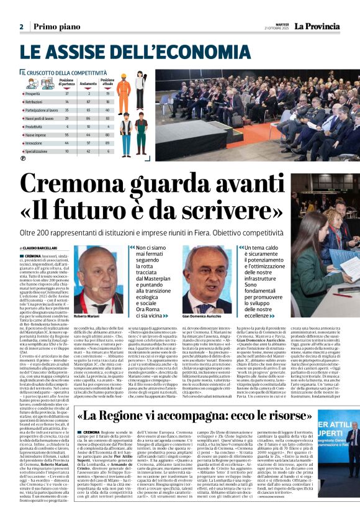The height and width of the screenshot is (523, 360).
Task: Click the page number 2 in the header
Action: coord(21,27)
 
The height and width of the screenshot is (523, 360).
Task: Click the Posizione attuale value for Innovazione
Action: coord(107,142)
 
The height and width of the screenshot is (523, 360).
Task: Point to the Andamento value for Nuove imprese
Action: coord(88,134)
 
